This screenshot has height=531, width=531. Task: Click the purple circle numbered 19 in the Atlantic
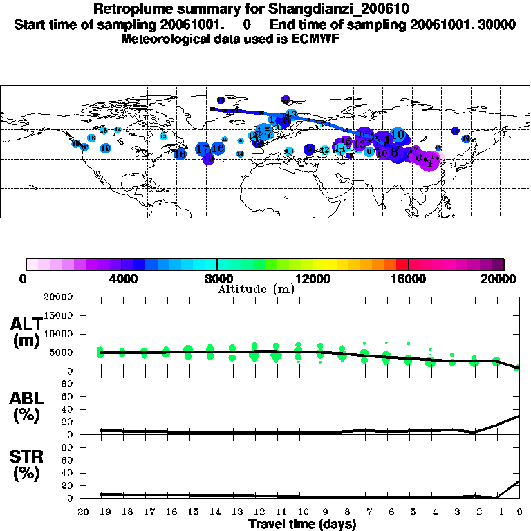(x=208, y=159)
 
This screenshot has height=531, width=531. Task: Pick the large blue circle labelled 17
(x=203, y=149)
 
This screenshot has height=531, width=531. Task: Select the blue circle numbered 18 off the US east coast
(x=180, y=153)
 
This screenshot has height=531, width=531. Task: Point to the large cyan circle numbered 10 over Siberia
(x=397, y=134)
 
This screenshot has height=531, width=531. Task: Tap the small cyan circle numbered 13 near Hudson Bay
(x=163, y=136)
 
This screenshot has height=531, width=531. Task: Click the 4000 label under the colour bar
(x=122, y=279)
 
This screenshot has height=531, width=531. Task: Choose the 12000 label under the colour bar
(x=313, y=279)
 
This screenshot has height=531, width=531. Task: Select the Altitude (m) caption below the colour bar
(x=256, y=289)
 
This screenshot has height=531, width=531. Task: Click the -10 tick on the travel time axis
(x=299, y=512)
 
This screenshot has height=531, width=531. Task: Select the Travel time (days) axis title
(x=302, y=524)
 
